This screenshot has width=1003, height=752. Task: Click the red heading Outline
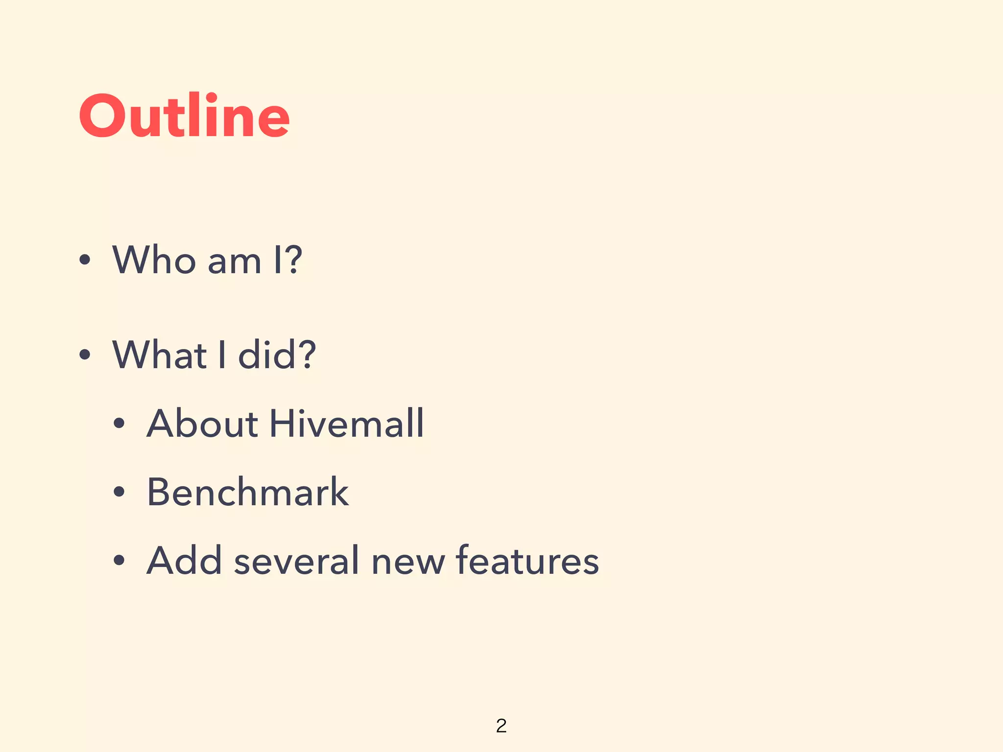pos(184,116)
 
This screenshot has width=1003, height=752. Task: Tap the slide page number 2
pos(501,726)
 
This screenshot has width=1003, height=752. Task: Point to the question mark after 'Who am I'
pos(293,259)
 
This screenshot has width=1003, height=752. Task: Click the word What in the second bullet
pos(160,354)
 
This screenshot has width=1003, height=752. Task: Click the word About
pos(202,423)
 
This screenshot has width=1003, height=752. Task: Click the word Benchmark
pos(248,492)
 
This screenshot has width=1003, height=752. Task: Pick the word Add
pos(184,561)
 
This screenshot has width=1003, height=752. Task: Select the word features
pos(527,561)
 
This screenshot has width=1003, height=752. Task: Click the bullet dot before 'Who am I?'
pos(85,259)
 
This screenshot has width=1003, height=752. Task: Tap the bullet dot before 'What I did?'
pos(85,354)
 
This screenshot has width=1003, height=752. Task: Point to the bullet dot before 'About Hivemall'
pos(119,423)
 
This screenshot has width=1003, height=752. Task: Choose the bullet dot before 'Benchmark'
pos(119,492)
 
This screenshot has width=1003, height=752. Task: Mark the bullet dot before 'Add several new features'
pos(119,561)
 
